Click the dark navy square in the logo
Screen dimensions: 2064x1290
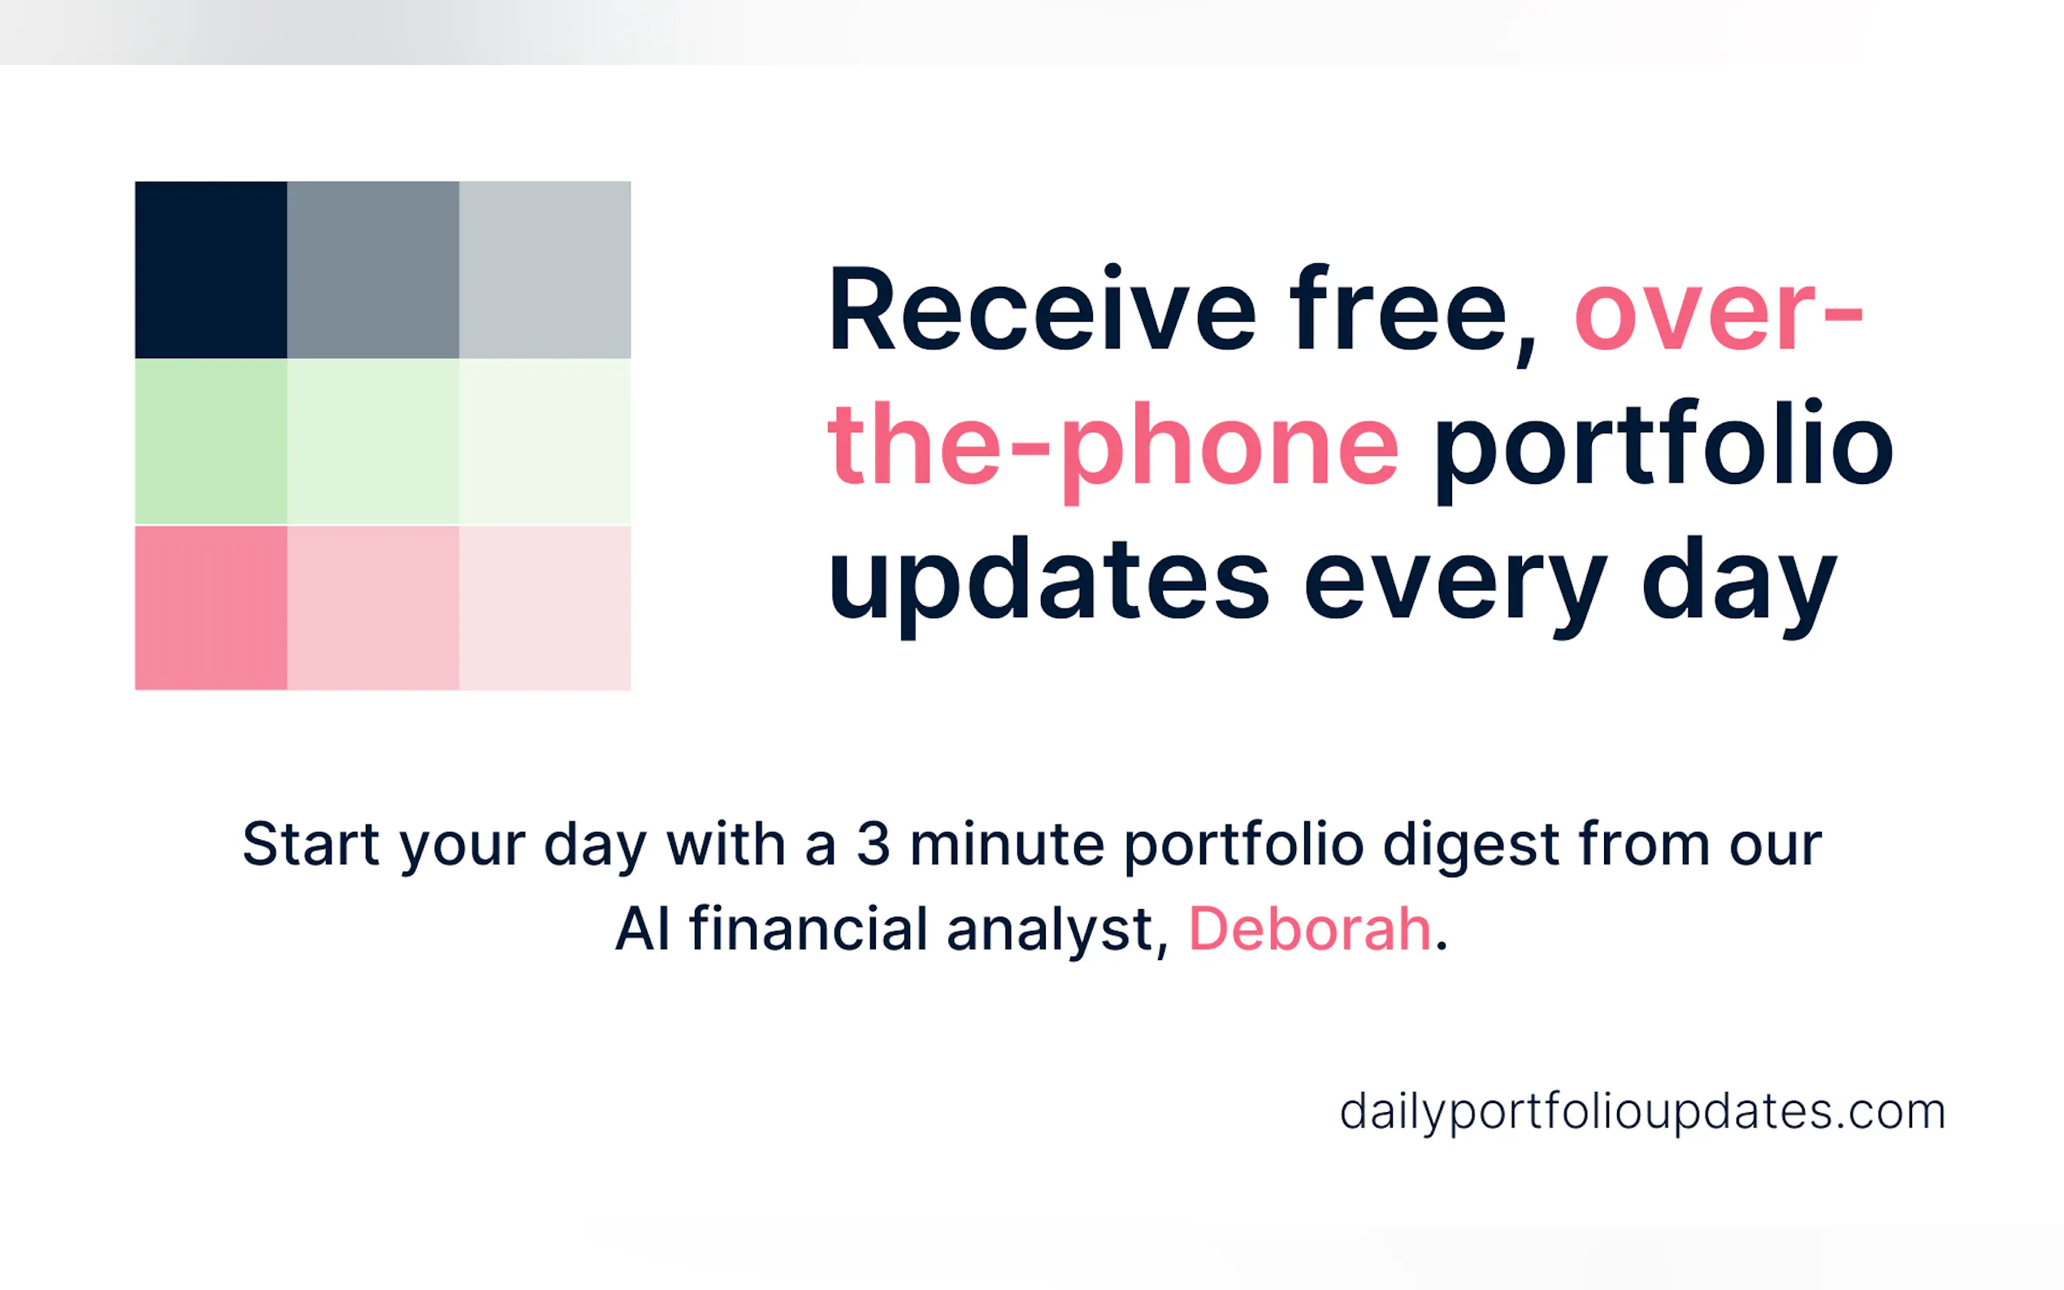point(210,270)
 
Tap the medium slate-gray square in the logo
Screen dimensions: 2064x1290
point(373,270)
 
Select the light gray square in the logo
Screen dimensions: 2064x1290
point(545,270)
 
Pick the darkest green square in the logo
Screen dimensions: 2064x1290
point(210,441)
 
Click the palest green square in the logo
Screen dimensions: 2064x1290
point(545,441)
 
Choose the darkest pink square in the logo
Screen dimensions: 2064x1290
point(210,608)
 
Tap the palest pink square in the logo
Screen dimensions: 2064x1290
point(545,608)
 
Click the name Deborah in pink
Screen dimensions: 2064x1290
point(1309,929)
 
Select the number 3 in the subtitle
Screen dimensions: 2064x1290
point(873,844)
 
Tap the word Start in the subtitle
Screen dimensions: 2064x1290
point(310,844)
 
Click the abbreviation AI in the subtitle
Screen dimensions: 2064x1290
point(643,929)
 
